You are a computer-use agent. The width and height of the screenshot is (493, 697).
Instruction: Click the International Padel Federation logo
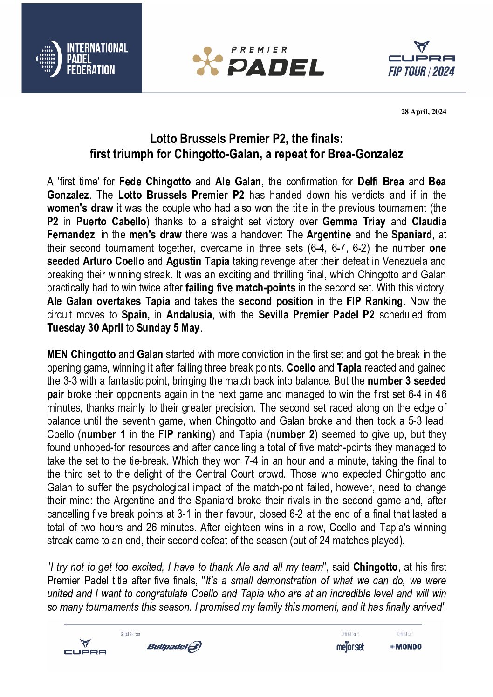tap(82, 59)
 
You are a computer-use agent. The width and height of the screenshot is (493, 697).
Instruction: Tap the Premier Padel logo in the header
tap(258, 61)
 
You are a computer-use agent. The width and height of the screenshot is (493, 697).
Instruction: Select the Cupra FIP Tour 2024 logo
tap(421, 59)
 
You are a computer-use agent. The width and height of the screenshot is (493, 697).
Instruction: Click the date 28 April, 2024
tap(423, 112)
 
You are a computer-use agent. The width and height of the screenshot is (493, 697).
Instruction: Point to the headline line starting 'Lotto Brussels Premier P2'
tap(246, 139)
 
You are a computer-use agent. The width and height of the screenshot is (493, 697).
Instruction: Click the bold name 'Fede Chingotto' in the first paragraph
tap(155, 182)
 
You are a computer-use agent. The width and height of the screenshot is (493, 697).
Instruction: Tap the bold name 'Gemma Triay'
tap(354, 222)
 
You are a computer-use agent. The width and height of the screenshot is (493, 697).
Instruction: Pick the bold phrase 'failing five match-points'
tap(240, 288)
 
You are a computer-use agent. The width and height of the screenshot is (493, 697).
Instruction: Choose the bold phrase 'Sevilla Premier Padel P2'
tap(316, 315)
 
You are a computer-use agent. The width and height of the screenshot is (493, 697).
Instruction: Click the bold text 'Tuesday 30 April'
tap(85, 328)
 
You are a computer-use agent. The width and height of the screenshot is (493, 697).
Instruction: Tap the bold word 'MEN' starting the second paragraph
tap(57, 354)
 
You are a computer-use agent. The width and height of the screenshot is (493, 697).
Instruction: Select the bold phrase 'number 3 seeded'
tap(406, 381)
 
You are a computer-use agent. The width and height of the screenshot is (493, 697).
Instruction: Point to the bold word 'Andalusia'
tap(189, 315)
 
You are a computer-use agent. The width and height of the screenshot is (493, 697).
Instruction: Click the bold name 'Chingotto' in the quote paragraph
tap(375, 567)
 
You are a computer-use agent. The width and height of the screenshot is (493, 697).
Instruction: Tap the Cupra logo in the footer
tap(85, 647)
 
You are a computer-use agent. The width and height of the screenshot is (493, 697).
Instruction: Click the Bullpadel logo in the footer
tap(174, 647)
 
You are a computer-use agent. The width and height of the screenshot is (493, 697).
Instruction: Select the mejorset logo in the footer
tap(350, 647)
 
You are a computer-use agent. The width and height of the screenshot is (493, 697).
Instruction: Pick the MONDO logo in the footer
tap(406, 647)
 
